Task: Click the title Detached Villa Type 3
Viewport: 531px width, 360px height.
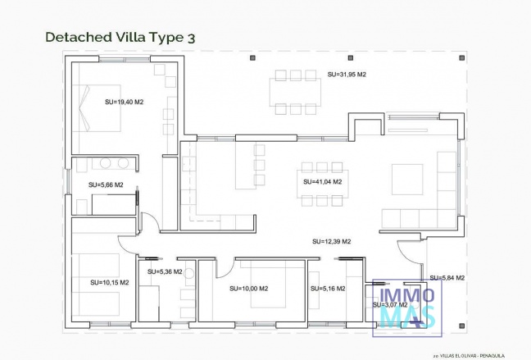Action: point(120,37)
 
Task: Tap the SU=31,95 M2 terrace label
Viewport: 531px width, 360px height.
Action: point(346,75)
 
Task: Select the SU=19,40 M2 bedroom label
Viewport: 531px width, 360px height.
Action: point(125,103)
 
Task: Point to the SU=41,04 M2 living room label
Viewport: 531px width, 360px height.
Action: point(322,181)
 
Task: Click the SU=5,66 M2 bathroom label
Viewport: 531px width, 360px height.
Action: point(106,185)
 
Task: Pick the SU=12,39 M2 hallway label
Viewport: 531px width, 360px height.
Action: point(332,241)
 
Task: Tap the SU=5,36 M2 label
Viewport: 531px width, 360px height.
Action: point(165,271)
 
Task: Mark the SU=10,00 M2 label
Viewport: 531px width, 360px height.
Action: point(250,289)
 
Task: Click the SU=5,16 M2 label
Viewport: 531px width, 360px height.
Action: point(327,289)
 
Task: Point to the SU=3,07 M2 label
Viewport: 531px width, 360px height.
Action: point(390,304)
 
